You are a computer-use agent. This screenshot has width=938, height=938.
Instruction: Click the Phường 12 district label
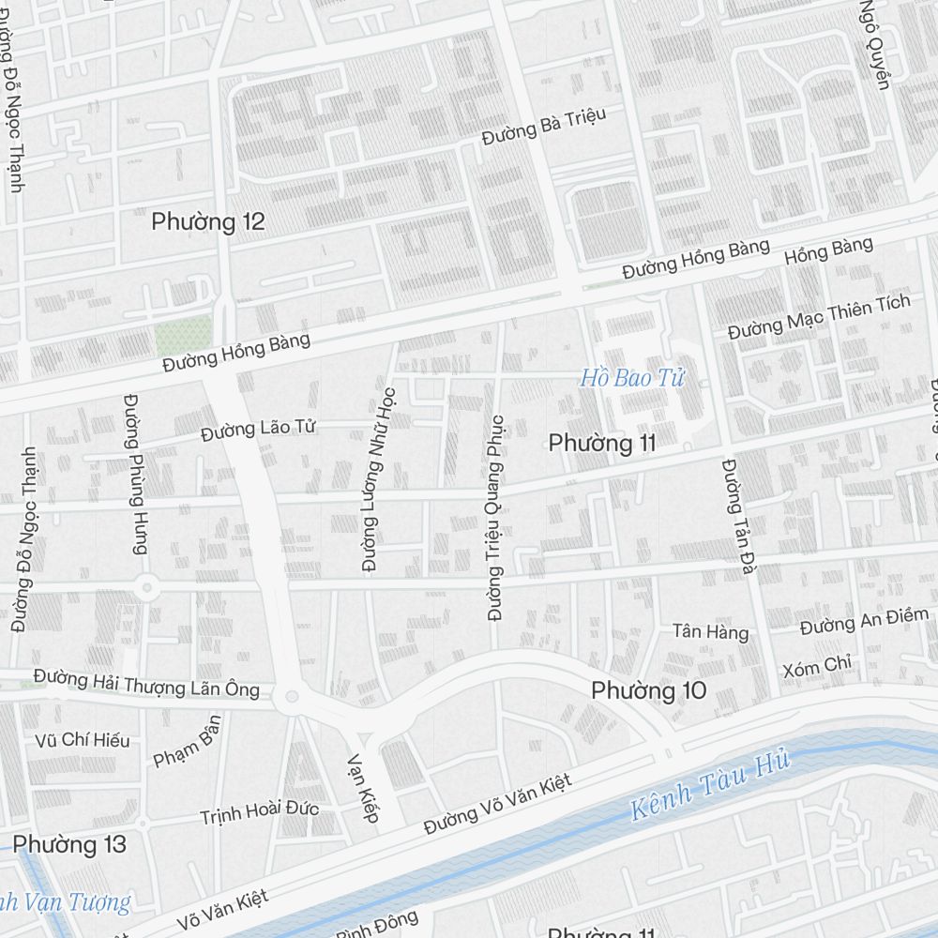(207, 222)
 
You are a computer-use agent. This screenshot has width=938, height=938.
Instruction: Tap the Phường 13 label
(69, 844)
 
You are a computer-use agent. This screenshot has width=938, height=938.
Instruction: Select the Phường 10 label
(648, 690)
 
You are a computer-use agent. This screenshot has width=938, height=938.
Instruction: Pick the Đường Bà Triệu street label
(544, 127)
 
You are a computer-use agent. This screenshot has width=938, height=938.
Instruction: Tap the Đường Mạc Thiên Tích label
(819, 318)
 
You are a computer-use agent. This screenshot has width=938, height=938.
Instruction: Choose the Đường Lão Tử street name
(258, 430)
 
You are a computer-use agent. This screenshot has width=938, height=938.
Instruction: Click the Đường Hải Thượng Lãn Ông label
(146, 682)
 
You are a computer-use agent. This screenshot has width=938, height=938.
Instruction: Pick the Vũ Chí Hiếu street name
(82, 740)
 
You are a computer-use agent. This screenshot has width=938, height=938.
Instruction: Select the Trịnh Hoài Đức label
(259, 812)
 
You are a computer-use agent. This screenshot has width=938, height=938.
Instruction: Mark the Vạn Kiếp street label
(363, 788)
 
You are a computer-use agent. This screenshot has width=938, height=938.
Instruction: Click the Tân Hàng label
(711, 632)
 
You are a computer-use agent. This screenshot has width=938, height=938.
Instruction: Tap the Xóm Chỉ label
(817, 667)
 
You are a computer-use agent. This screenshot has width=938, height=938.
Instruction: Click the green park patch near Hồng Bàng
(183, 334)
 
